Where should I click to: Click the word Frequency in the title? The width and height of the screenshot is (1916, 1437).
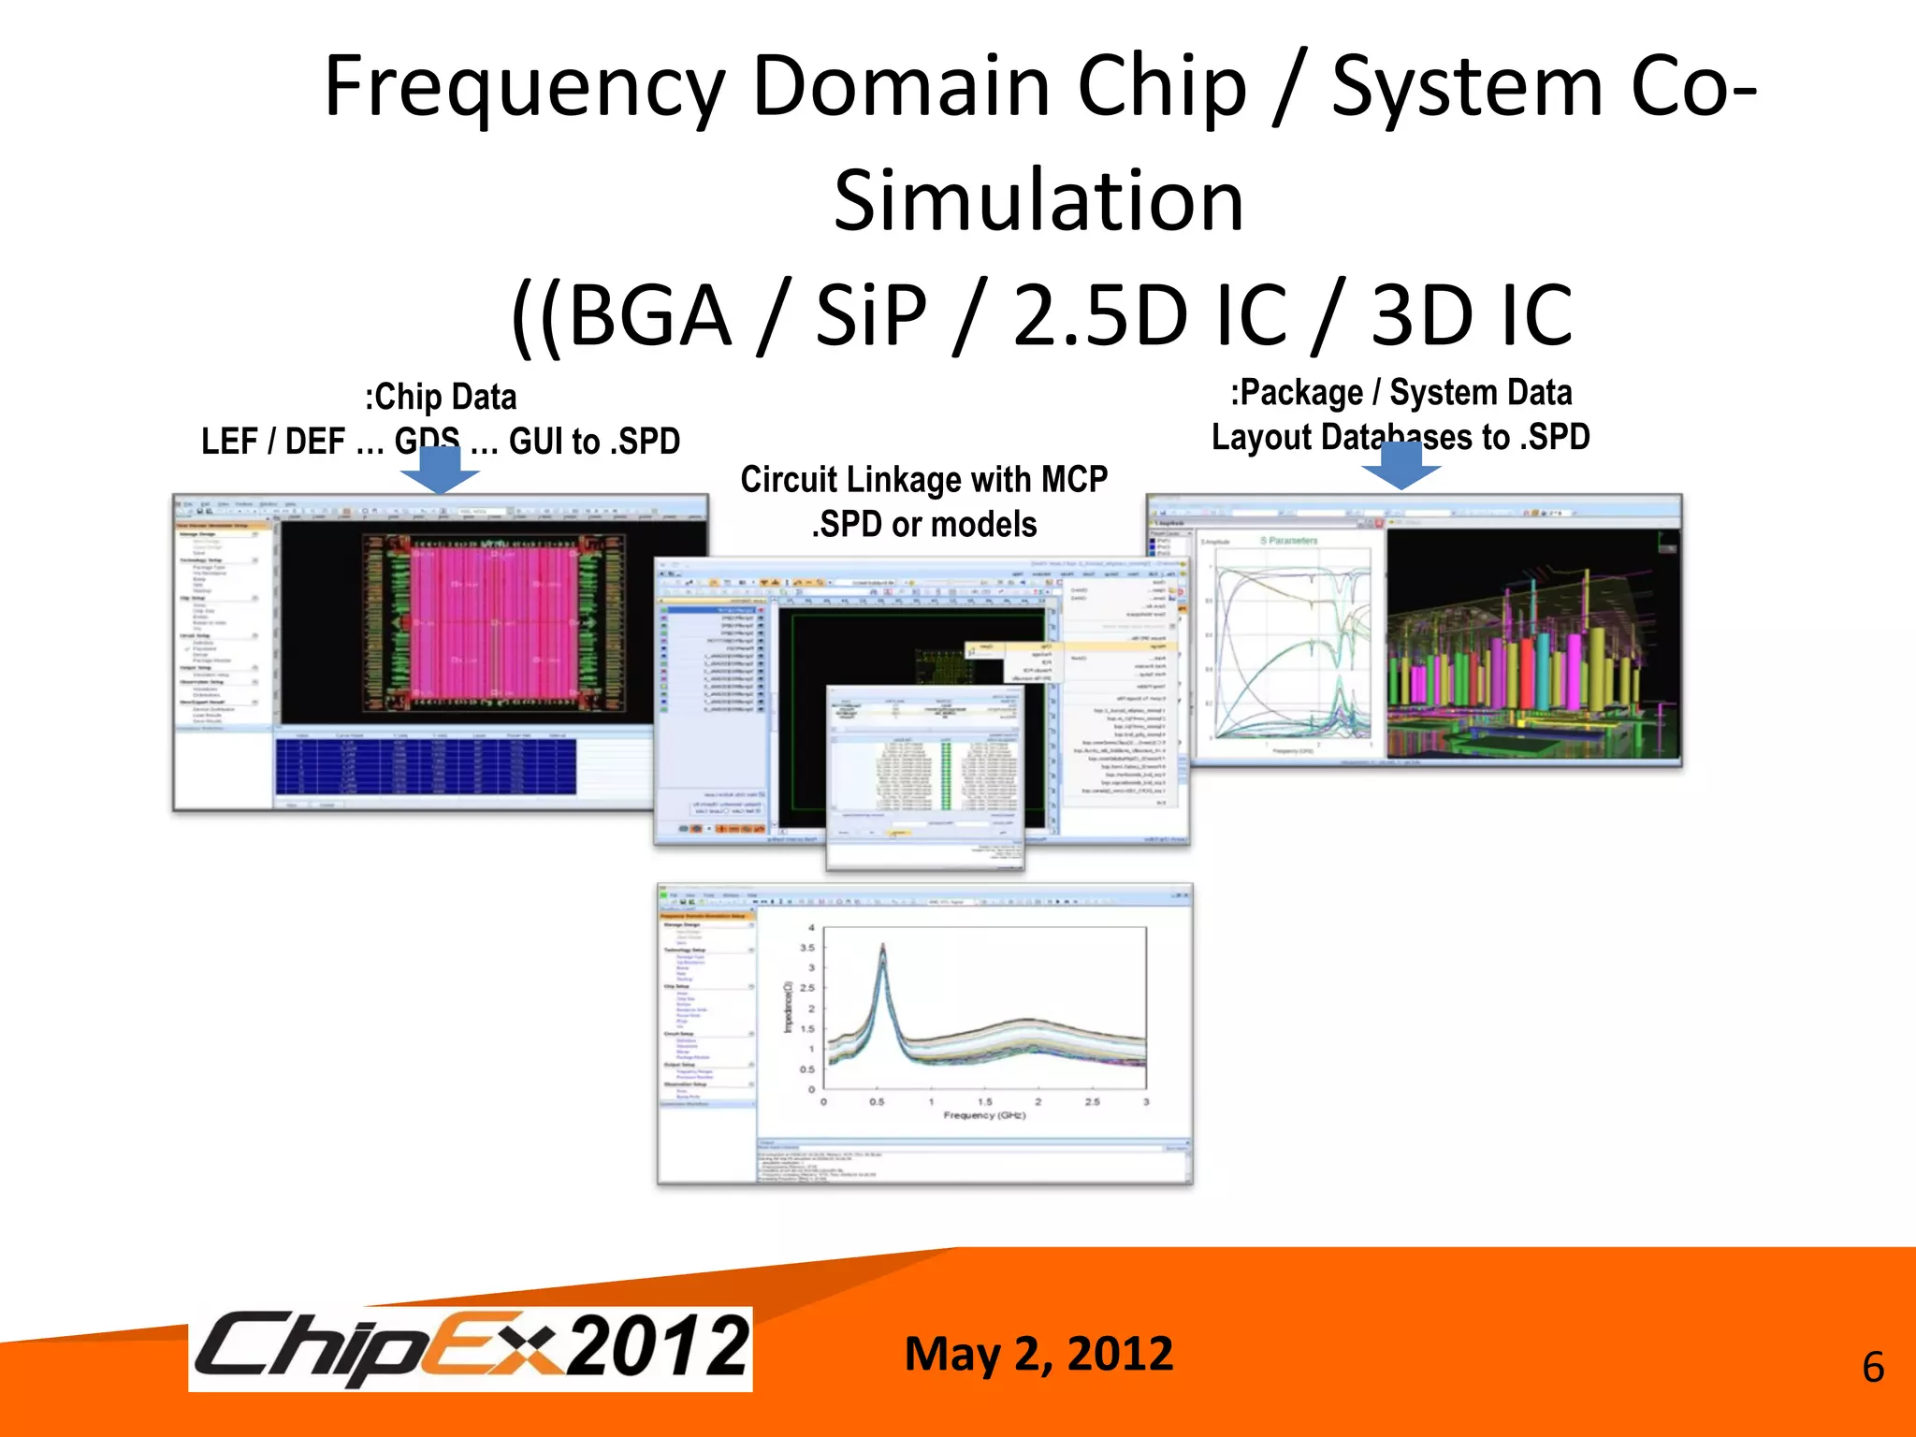[524, 89]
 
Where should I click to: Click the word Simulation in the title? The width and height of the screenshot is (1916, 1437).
[1038, 201]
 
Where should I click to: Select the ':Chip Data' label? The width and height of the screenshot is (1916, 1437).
[441, 398]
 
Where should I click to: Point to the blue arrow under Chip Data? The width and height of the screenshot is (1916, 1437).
[440, 471]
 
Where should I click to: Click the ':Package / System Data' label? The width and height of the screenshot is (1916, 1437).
[1401, 393]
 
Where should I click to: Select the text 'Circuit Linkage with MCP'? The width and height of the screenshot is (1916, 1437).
[923, 480]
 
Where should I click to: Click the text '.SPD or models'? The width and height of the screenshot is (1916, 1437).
[923, 525]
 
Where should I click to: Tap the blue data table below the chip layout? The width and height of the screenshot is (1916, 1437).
[426, 766]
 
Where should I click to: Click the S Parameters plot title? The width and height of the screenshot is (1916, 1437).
[1288, 541]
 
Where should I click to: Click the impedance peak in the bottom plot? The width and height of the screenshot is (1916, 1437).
[882, 951]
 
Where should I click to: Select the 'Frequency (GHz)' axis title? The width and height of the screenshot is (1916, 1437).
[984, 1115]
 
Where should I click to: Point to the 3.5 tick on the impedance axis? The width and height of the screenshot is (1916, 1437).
[807, 948]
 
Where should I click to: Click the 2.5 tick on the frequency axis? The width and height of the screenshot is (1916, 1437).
[1092, 1102]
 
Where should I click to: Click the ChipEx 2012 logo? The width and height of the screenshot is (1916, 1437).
[471, 1348]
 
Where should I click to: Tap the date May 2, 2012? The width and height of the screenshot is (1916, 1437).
[1038, 1354]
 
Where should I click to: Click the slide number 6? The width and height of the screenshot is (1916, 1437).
[1872, 1368]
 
